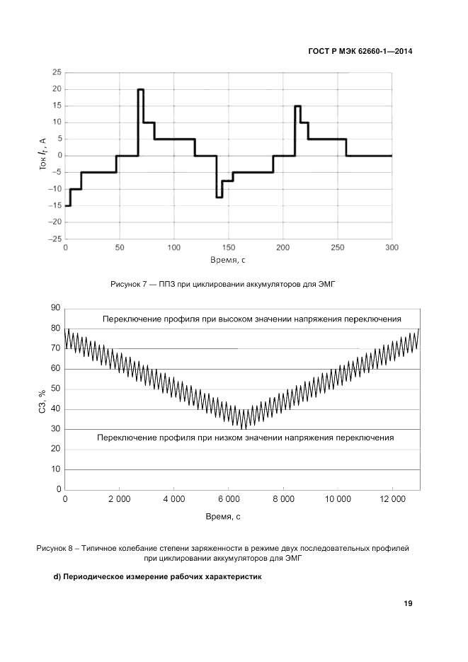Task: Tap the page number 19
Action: [409, 603]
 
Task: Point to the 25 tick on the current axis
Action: [56, 72]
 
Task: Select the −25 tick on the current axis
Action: [54, 239]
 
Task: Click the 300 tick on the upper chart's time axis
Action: [392, 248]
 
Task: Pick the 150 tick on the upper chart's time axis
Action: [228, 248]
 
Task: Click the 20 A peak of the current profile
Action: [141, 90]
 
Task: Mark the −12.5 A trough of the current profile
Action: [219, 197]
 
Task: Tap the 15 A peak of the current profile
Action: [297, 106]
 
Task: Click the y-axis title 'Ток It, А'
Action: [43, 156]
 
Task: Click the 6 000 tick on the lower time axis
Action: [228, 499]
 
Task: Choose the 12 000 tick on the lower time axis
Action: [392, 499]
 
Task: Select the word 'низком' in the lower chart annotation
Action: [239, 438]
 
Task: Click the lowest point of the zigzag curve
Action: [244, 428]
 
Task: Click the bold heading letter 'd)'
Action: [59, 576]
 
